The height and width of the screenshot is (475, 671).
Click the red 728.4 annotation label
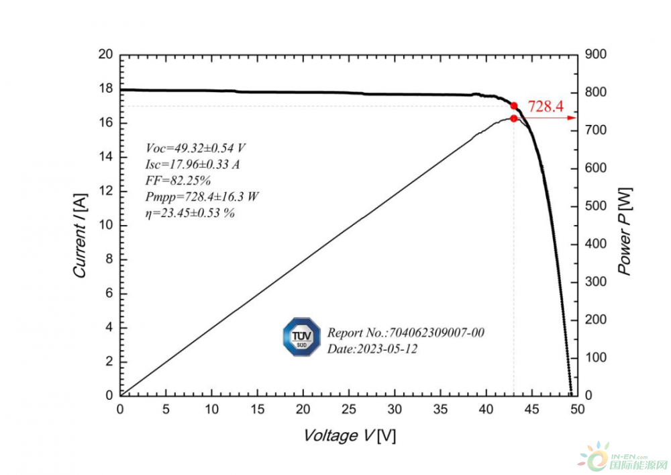pos(545,106)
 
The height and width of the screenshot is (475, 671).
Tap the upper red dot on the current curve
pos(514,105)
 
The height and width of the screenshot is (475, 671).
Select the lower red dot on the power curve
pos(514,118)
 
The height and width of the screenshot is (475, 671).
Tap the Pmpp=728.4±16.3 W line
pos(202,197)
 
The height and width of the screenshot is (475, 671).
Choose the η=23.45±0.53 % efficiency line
pos(189,213)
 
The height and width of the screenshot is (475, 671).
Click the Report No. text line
pos(405,333)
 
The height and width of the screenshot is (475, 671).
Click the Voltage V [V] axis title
pos(349,436)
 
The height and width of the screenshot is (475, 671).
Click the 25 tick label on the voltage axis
pos(349,409)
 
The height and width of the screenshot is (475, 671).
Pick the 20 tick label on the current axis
pos(105,54)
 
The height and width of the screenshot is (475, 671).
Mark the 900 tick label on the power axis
pos(595,54)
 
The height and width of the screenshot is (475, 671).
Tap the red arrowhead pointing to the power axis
pos(572,118)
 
